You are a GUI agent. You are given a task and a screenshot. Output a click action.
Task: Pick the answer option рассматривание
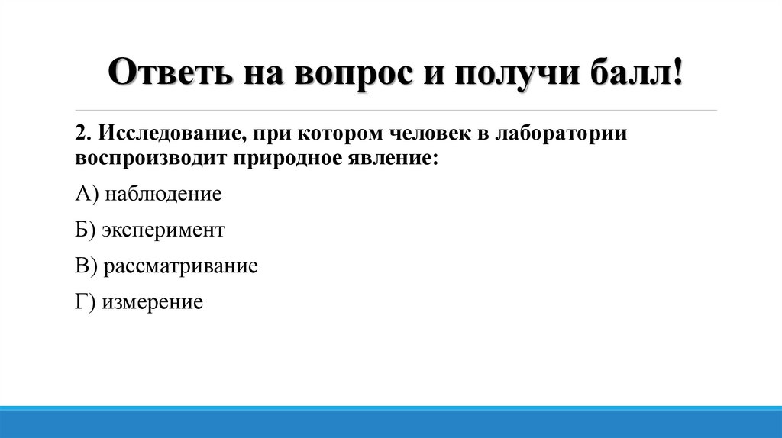181,266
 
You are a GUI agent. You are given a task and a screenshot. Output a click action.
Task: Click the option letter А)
87,194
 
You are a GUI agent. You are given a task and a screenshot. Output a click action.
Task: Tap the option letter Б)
86,230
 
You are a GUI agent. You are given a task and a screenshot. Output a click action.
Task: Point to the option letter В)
86,266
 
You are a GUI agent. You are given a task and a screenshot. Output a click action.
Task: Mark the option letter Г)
85,302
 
